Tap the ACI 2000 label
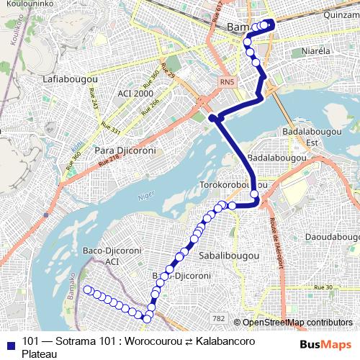click(x=133, y=94)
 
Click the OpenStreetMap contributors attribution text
click(x=297, y=322)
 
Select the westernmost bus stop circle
click(x=88, y=289)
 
